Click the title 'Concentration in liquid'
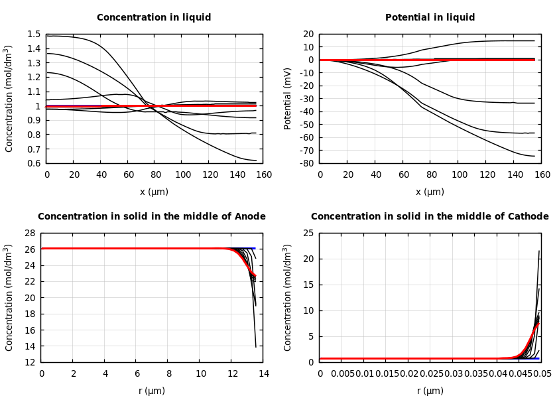pos(154,18)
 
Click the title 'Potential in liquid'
pos(430,18)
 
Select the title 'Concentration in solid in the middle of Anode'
pos(151,217)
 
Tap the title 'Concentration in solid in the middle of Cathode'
pos(430,217)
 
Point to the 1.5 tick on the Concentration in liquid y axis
pos(33,34)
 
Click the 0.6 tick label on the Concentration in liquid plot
pos(33,163)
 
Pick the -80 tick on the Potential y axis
pos(306,163)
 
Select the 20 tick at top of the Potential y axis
pos(308,34)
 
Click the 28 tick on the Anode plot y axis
pos(29,233)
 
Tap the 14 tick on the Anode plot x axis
pos(263,374)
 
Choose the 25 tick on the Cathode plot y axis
pos(308,233)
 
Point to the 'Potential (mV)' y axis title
pos(288,98)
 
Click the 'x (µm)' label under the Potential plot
pos(430,192)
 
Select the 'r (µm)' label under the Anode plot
pos(152,391)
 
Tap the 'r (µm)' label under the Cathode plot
pos(430,391)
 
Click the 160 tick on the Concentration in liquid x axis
pos(263,175)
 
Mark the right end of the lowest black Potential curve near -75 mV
pos(534,156)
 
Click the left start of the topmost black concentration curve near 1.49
pos(47,36)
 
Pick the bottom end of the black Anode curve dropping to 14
pos(255,347)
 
